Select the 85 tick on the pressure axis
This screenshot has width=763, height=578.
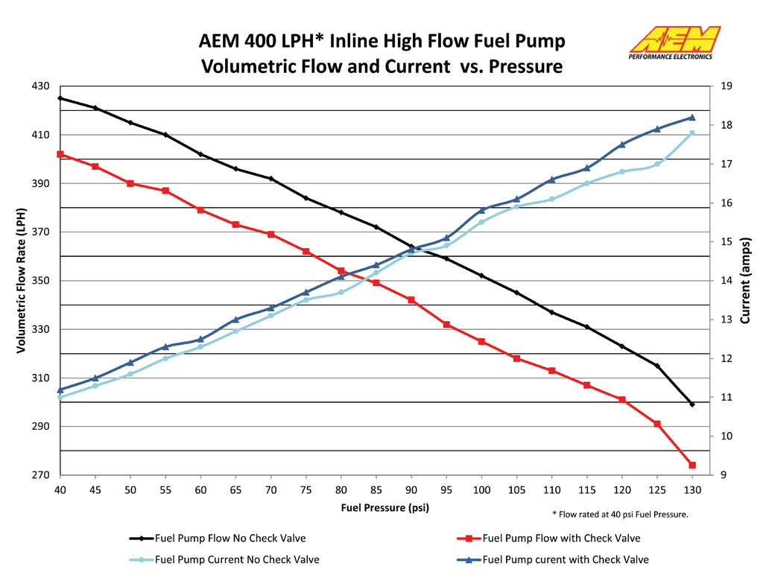pyautogui.click(x=376, y=489)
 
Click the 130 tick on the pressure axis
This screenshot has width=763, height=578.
pyautogui.click(x=692, y=489)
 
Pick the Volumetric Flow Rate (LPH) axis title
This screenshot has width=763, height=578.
pyautogui.click(x=21, y=280)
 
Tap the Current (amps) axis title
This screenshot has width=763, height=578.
pyautogui.click(x=745, y=280)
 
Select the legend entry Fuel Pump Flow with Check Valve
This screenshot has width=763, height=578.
pyautogui.click(x=561, y=538)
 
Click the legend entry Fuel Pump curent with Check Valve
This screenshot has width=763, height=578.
pyautogui.click(x=566, y=559)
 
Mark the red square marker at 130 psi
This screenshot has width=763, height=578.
pyautogui.click(x=692, y=465)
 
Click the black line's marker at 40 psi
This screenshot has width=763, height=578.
pyautogui.click(x=60, y=98)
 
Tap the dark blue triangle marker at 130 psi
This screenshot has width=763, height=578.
pyautogui.click(x=692, y=117)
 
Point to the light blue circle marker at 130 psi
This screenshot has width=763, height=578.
pyautogui.click(x=692, y=133)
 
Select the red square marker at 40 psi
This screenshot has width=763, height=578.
pyautogui.click(x=60, y=154)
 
